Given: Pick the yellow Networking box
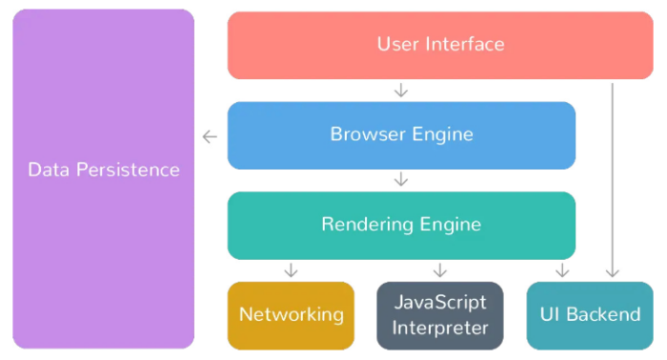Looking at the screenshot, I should point(291,315).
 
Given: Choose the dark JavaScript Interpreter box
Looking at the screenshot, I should point(440,315).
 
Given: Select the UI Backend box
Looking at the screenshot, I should point(590,315).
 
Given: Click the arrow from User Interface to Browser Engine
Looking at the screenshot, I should point(401,90).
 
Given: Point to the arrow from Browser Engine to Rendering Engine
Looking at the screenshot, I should point(401,179).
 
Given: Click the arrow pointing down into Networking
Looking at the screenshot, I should point(291,270).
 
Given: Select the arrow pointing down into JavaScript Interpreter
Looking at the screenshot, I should point(440,270).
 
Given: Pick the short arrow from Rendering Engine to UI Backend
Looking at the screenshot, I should point(562,270).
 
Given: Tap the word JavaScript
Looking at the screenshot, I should point(440,303).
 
